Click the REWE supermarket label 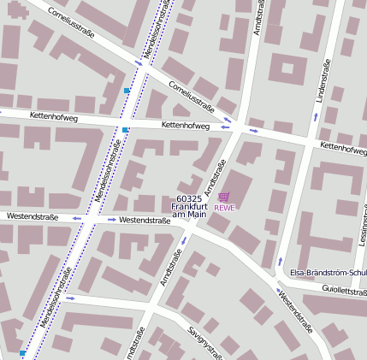(x=224, y=208)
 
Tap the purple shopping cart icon (x=224, y=197)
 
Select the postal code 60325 (x=188, y=198)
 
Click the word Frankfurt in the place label (x=189, y=206)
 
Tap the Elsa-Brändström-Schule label (x=329, y=273)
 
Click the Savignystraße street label (x=205, y=343)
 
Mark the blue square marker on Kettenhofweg (x=126, y=130)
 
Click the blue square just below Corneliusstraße (x=127, y=90)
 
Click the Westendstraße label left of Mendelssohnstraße (x=32, y=217)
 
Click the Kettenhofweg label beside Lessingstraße (x=343, y=147)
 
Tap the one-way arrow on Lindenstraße (x=316, y=115)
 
